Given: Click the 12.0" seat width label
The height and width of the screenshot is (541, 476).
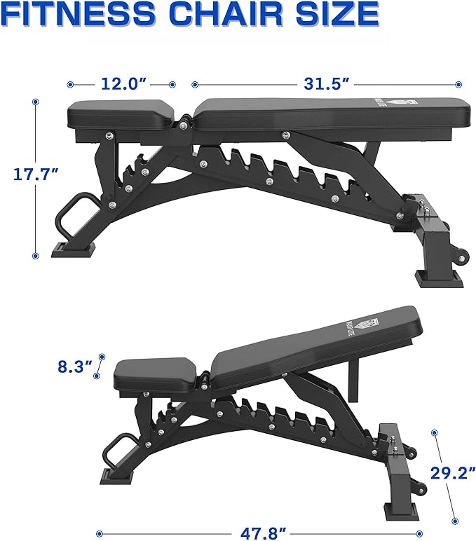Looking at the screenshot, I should pyautogui.click(x=123, y=84).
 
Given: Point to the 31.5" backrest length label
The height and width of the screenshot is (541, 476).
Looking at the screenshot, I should pyautogui.click(x=327, y=84).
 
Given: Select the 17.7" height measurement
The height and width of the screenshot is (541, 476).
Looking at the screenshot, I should pyautogui.click(x=34, y=174).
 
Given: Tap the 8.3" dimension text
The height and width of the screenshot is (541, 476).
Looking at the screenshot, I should pyautogui.click(x=75, y=366).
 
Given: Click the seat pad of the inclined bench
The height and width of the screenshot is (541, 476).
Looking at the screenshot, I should pyautogui.click(x=154, y=374).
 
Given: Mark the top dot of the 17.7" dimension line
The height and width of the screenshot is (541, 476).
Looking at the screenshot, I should pyautogui.click(x=35, y=101).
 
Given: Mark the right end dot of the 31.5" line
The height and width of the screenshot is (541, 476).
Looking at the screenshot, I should pyautogui.click(x=460, y=84).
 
